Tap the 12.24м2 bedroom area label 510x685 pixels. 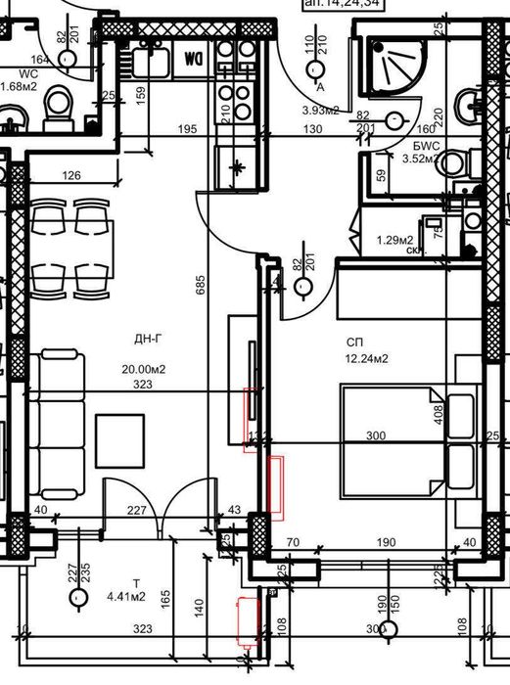[368, 358]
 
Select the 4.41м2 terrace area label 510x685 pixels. [126, 594]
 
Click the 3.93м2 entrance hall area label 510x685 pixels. [320, 110]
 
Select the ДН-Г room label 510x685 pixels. [149, 340]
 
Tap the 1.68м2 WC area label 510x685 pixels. [19, 85]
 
